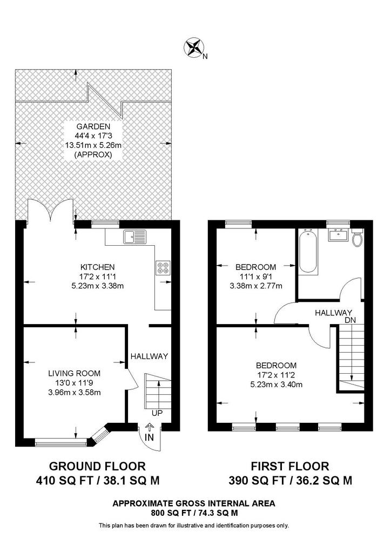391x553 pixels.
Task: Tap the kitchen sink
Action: tap(134, 236)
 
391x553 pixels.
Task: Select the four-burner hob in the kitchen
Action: tap(163, 268)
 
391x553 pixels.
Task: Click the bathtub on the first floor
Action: tap(307, 251)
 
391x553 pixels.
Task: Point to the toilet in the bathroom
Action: tap(357, 238)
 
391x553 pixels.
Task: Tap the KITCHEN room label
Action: tap(97, 267)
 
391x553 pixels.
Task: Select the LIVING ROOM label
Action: tap(75, 373)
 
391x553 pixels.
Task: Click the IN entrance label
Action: tap(150, 437)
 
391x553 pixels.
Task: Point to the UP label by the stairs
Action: tap(157, 413)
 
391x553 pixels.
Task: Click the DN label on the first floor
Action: tap(351, 321)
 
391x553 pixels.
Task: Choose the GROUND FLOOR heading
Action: tap(97, 466)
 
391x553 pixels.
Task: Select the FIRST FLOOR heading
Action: tap(290, 466)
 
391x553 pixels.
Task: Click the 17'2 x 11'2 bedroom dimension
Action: tap(276, 375)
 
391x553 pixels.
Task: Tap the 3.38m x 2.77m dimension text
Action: tap(256, 286)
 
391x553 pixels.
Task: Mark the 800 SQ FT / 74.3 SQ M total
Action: tap(193, 512)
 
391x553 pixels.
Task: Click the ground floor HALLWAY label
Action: tap(150, 356)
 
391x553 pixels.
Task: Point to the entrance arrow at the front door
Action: tap(149, 426)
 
